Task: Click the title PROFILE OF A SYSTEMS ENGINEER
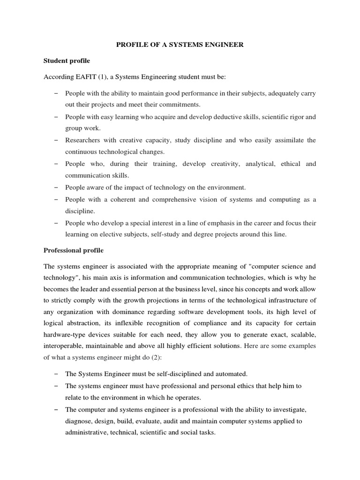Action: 180,45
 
